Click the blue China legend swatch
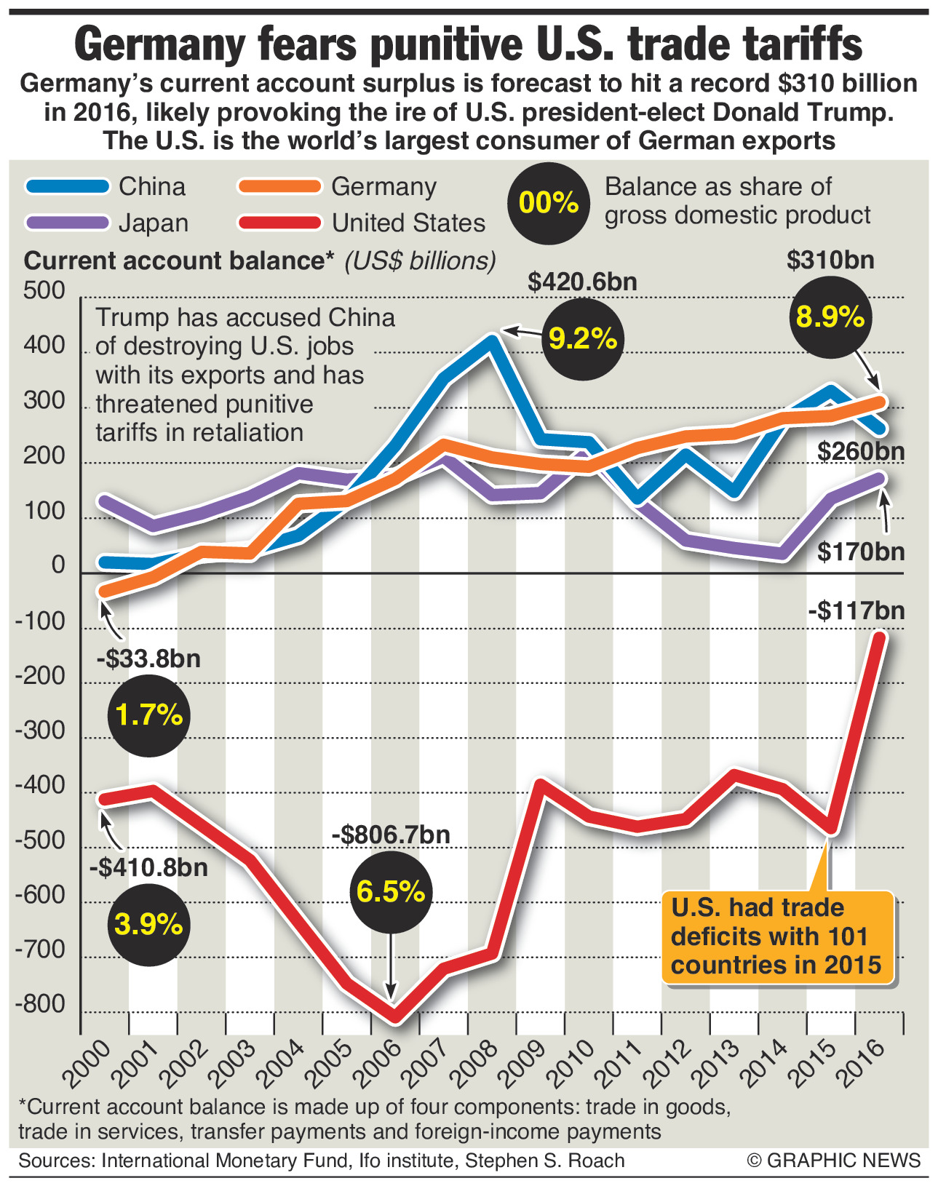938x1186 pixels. click(68, 186)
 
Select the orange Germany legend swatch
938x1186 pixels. click(279, 186)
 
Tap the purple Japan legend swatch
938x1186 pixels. click(68, 223)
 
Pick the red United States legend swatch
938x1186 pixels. click(279, 223)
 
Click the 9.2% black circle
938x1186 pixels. click(583, 338)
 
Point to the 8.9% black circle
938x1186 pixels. click(830, 317)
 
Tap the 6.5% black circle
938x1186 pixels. click(391, 891)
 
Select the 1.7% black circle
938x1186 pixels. click(148, 715)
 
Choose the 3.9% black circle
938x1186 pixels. click(148, 925)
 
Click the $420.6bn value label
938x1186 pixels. click(582, 282)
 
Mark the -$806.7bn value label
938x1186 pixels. click(391, 835)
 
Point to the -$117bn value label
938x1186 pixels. click(856, 610)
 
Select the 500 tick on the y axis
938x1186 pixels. click(44, 291)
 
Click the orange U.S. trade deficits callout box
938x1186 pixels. click(776, 936)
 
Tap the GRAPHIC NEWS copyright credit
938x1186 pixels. click(834, 1160)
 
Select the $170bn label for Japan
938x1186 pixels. click(860, 552)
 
